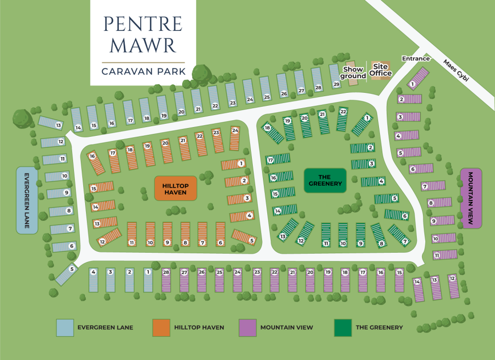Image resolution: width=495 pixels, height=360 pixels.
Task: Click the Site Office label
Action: point(380,70)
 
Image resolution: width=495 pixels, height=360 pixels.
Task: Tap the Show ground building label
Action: point(353,72)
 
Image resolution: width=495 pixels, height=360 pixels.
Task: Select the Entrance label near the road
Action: point(416,58)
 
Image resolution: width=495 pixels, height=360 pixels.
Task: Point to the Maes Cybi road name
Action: point(456,71)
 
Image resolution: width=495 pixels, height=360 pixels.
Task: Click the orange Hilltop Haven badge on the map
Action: point(175,188)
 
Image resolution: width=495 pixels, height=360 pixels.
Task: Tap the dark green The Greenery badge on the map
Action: point(325,180)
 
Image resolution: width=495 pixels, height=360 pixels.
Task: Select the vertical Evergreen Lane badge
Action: point(27,201)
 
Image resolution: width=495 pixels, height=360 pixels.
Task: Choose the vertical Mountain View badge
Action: point(471,199)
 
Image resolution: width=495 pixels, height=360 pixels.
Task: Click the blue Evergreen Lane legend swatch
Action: point(65,328)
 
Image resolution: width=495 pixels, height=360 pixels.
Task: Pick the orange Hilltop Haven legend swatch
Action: point(161,328)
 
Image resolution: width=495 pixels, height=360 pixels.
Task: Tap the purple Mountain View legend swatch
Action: point(247,328)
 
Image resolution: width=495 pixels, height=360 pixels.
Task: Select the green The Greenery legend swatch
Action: point(343,328)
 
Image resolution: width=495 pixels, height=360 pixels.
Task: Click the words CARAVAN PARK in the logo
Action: point(144,71)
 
